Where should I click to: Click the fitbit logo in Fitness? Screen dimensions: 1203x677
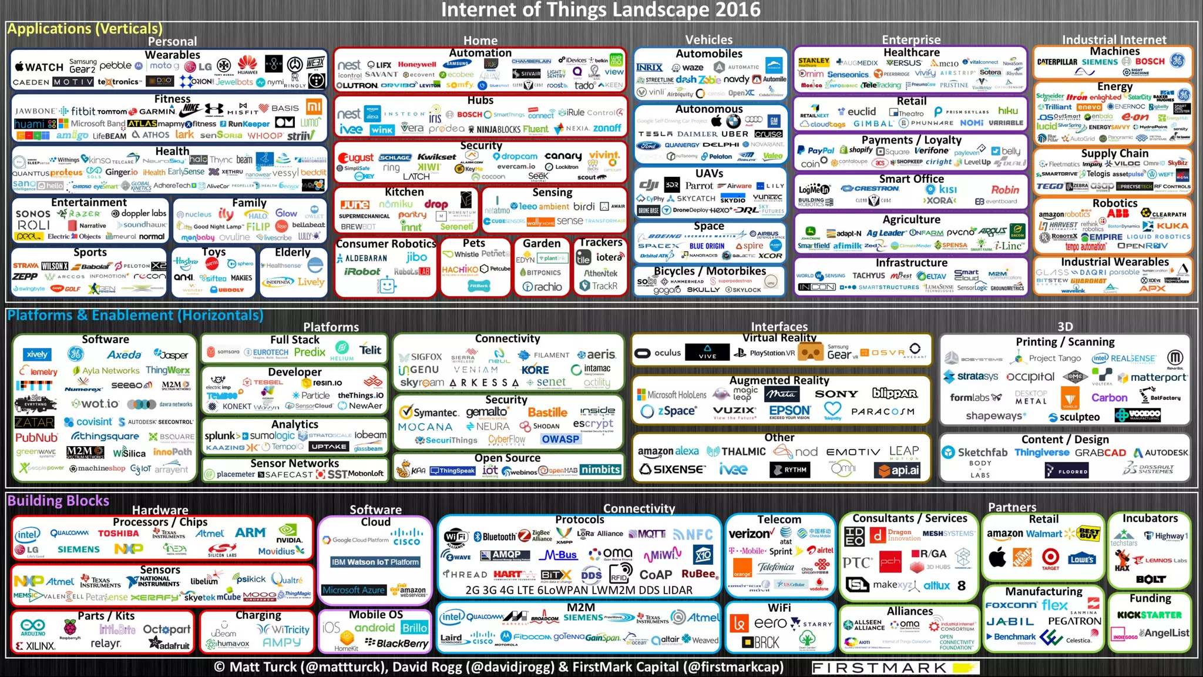(x=83, y=110)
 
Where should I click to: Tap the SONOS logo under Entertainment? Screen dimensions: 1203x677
(x=33, y=214)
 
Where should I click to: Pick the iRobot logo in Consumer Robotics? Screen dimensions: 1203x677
(x=362, y=272)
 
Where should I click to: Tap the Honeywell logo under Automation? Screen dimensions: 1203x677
(x=417, y=65)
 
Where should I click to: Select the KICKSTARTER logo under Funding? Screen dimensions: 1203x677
(x=1149, y=615)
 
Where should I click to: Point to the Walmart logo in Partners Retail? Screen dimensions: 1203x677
(x=1044, y=534)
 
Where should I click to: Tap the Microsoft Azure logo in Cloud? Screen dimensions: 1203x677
(x=354, y=590)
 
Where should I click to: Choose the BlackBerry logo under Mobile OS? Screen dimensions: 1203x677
(x=397, y=644)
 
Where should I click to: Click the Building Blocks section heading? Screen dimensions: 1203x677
(x=58, y=501)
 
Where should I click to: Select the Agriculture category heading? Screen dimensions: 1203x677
(x=911, y=219)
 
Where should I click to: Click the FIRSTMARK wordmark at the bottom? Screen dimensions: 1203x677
(x=879, y=668)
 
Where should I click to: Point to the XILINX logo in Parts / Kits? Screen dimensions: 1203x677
(x=36, y=646)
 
